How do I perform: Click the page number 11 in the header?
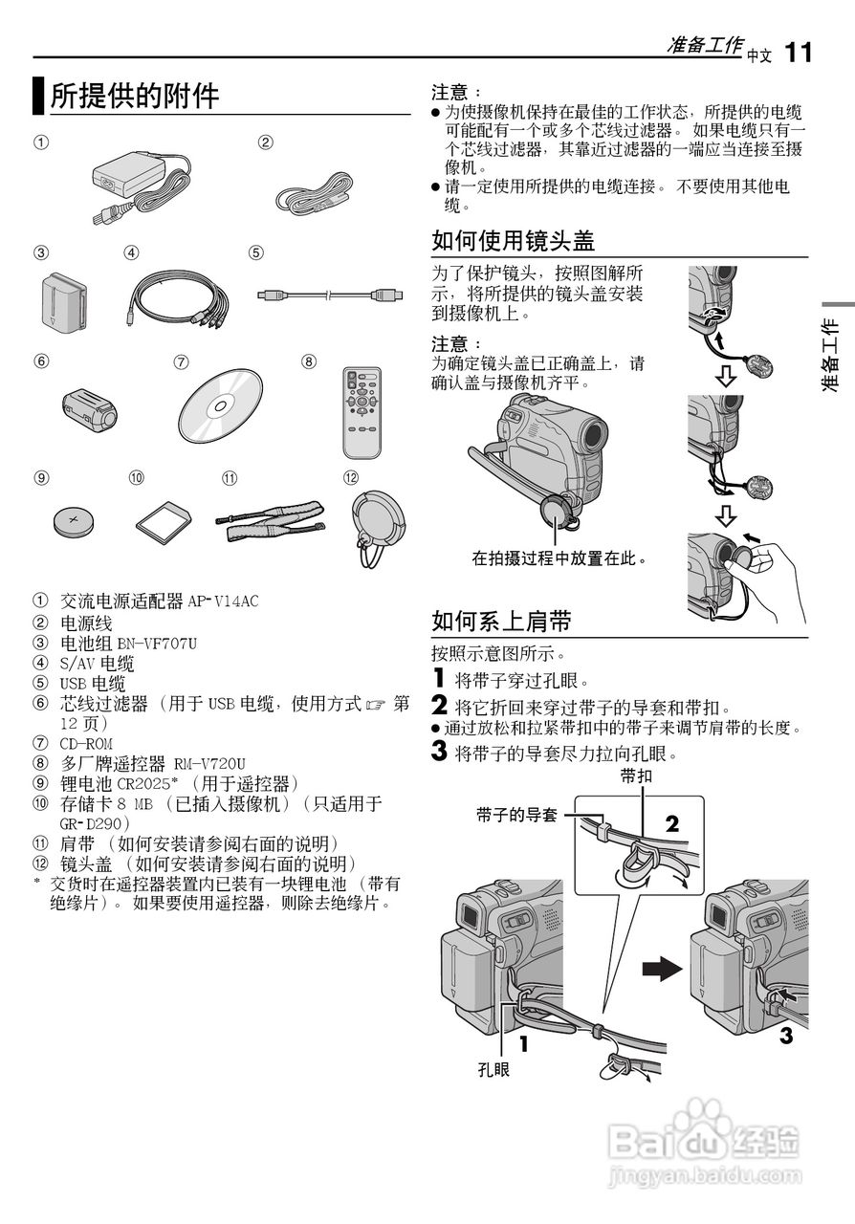pos(799,52)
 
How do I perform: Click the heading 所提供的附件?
pos(134,96)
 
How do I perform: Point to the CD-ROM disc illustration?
pos(220,404)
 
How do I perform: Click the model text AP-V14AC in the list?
pos(223,601)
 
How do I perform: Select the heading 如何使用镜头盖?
pos(514,240)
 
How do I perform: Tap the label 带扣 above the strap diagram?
pos(636,776)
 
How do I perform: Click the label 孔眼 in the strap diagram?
pos(493,1068)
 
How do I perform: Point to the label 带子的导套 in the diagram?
pos(516,816)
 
